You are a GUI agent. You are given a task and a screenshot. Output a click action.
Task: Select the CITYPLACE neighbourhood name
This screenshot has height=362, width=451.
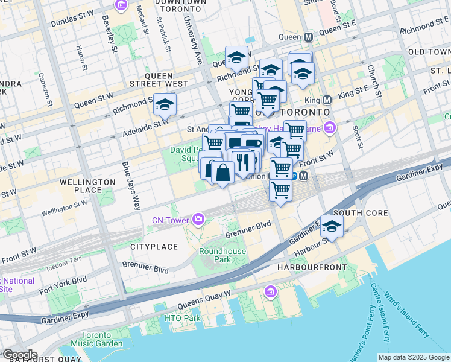coord(154,247)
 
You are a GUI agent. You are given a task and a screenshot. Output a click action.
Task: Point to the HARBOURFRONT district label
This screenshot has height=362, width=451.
coord(312,267)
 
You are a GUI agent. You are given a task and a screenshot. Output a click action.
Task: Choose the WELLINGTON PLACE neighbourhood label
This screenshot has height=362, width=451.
coord(88,185)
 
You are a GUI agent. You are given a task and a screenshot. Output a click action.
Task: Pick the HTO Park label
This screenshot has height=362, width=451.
coord(183,318)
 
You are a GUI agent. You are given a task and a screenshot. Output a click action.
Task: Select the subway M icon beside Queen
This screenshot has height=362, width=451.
coord(309,37)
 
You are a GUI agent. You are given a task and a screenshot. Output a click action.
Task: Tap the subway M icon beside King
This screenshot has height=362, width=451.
coord(327,100)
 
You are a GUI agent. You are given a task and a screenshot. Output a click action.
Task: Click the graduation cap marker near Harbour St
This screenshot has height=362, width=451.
coord(332,226)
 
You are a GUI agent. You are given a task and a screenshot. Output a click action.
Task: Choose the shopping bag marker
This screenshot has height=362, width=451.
coord(222,172)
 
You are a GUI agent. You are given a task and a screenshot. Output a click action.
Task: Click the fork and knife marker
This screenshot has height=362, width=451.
coord(244,162)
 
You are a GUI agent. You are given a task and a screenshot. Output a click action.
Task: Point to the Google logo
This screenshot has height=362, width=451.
coord(19,355)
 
